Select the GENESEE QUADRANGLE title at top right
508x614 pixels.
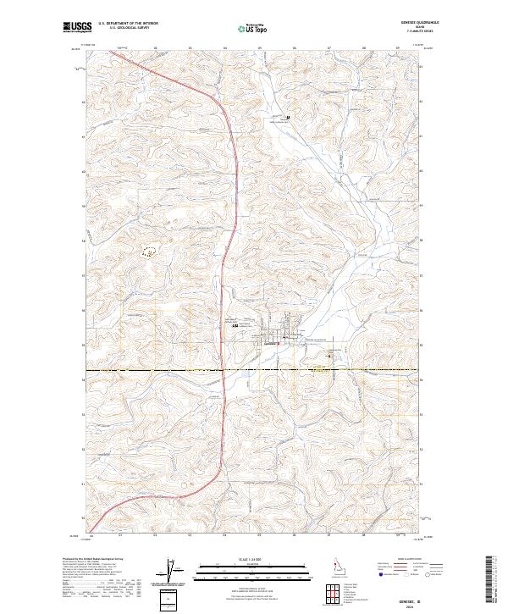click(416, 23)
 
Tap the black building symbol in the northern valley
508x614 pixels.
click(288, 117)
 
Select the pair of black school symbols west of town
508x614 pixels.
click(235, 325)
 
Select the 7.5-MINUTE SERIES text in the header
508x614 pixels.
click(416, 32)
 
